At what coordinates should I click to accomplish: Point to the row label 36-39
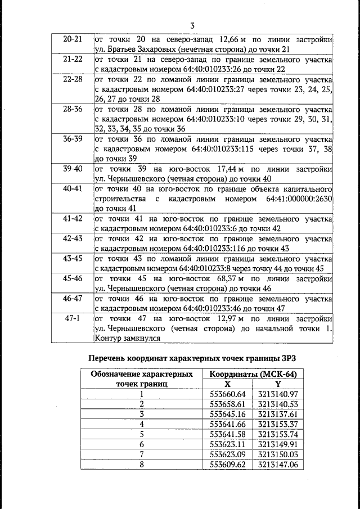(x=73, y=138)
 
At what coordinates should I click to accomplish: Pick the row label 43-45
(x=73, y=258)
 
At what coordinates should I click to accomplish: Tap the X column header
(x=228, y=384)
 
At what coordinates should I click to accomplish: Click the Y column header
(x=278, y=384)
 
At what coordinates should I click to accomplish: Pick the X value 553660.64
(x=228, y=394)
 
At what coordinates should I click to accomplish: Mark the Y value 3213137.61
(x=278, y=414)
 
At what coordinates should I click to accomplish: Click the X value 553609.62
(x=228, y=465)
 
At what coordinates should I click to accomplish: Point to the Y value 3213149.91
(x=278, y=444)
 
